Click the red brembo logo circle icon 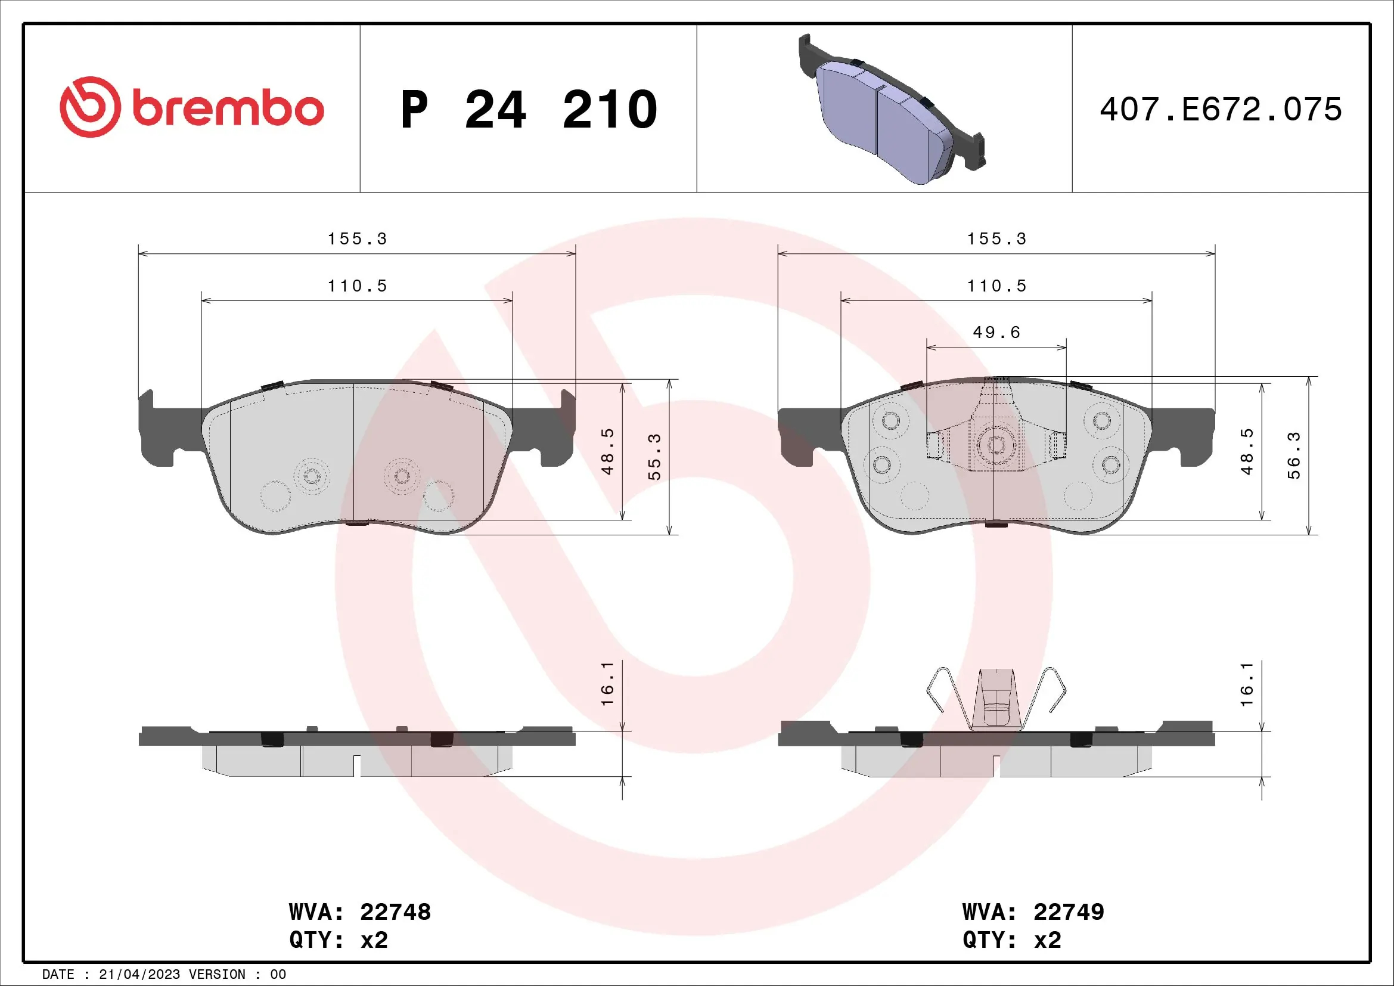pos(90,107)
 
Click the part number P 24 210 pos(529,110)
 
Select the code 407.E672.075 pos(1221,110)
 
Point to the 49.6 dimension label pos(996,333)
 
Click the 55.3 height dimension pos(654,457)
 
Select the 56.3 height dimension pos(1294,455)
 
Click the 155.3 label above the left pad pos(357,239)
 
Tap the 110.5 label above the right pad pos(996,286)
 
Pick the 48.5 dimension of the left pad pos(608,451)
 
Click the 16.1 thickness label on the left pos(608,684)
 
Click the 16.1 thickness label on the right pos(1246,684)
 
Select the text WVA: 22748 pos(359,912)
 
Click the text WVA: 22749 pos(1033,912)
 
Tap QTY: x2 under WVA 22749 pos(1011,940)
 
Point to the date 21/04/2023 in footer pos(139,975)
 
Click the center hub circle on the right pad pos(996,446)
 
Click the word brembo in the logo pos(228,109)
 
